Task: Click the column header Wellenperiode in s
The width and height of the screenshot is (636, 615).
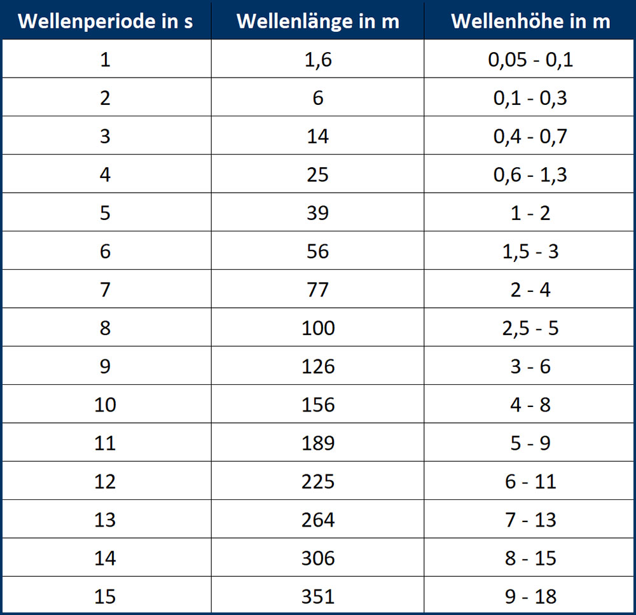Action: point(106,21)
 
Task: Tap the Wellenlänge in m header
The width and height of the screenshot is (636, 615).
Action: point(318,21)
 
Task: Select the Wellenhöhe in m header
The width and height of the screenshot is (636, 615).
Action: point(530,21)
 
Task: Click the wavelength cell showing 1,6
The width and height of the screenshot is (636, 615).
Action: point(318,60)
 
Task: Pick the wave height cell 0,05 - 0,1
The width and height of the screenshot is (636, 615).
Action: point(530,60)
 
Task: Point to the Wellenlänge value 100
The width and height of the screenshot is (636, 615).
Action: point(318,328)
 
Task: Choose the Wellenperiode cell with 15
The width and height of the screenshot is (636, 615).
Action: point(106,597)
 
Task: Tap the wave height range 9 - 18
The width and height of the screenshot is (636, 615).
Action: point(530,597)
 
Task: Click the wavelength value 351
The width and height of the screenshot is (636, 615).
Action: point(318,597)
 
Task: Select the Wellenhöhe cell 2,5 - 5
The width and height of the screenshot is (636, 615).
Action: point(530,328)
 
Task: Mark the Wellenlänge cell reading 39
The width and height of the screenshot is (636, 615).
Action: point(318,213)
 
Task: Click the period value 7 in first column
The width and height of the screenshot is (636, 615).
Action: point(106,290)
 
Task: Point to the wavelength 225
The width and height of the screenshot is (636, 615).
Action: point(318,481)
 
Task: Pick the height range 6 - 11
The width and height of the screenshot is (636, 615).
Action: point(530,481)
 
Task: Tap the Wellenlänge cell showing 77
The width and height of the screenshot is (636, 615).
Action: point(318,290)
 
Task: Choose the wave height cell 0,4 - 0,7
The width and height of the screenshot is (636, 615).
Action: point(530,136)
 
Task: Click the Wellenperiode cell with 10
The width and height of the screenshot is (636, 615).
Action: point(106,404)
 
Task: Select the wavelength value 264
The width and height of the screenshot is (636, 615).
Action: point(318,520)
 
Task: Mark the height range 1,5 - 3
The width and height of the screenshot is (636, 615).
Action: point(530,251)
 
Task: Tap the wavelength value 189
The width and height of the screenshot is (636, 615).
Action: point(318,443)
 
